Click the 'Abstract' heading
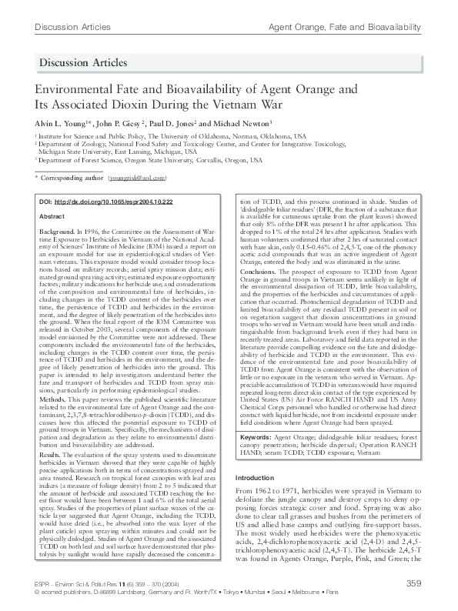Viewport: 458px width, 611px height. [52, 217]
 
